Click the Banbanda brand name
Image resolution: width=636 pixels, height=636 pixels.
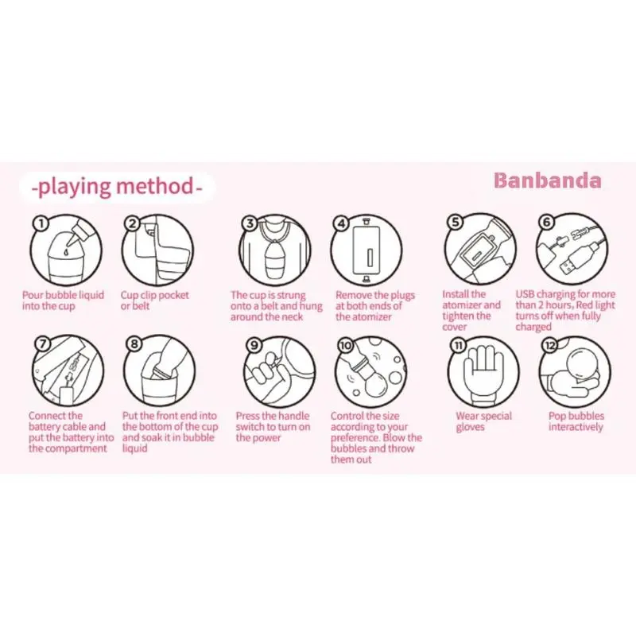pos(548,181)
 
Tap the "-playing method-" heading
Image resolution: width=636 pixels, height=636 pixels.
pos(116,187)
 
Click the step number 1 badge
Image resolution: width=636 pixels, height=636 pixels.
pos(41,223)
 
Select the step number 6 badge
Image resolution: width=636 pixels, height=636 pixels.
pos(546,222)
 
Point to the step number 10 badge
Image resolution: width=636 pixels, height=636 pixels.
pos(345,346)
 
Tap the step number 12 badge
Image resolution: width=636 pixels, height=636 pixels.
pos(549,346)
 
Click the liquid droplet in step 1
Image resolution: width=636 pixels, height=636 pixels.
pos(66,252)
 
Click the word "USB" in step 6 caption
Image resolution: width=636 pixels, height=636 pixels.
pos(525,294)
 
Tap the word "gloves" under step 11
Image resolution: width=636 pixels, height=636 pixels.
pos(470,427)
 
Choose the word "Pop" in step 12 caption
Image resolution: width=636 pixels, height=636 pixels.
pos(557,416)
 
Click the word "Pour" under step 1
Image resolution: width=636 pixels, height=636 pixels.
pos(33,295)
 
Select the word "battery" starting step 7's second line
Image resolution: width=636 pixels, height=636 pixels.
pos(44,427)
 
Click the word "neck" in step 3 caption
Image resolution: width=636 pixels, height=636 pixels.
pos(292,316)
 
